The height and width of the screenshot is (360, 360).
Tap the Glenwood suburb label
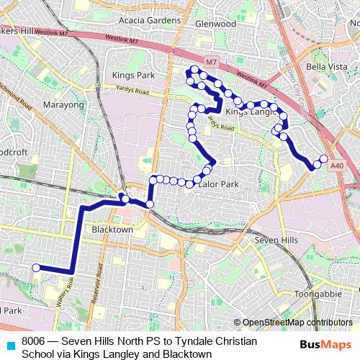click(x=215, y=24)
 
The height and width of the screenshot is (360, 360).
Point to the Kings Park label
click(x=133, y=75)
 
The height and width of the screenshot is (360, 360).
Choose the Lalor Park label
click(x=218, y=184)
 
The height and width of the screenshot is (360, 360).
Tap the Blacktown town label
click(x=112, y=230)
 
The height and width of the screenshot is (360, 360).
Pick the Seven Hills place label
click(x=276, y=240)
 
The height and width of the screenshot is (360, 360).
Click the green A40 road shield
click(x=337, y=165)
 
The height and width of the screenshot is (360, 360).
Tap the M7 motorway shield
click(x=210, y=63)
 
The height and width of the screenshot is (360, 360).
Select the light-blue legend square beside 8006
click(x=9, y=342)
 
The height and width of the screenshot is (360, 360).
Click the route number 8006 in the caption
click(x=34, y=341)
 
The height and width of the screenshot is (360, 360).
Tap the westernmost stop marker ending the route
click(x=35, y=268)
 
